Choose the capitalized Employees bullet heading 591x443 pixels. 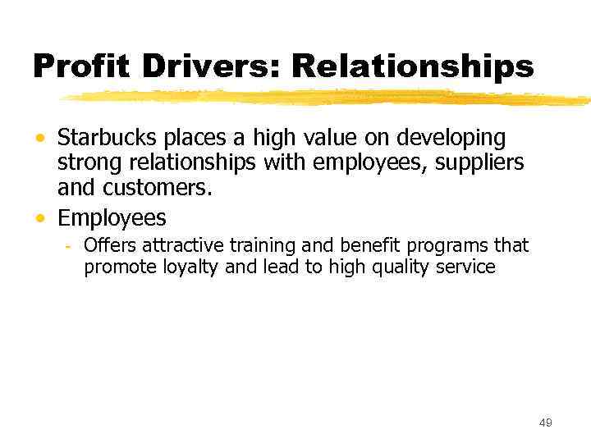pyautogui.click(x=112, y=219)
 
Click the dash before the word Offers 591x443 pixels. pyautogui.click(x=70, y=246)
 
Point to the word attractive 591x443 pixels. pyautogui.click(x=168, y=245)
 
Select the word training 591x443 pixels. pyautogui.click(x=239, y=246)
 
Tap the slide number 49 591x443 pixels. pyautogui.click(x=545, y=422)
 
